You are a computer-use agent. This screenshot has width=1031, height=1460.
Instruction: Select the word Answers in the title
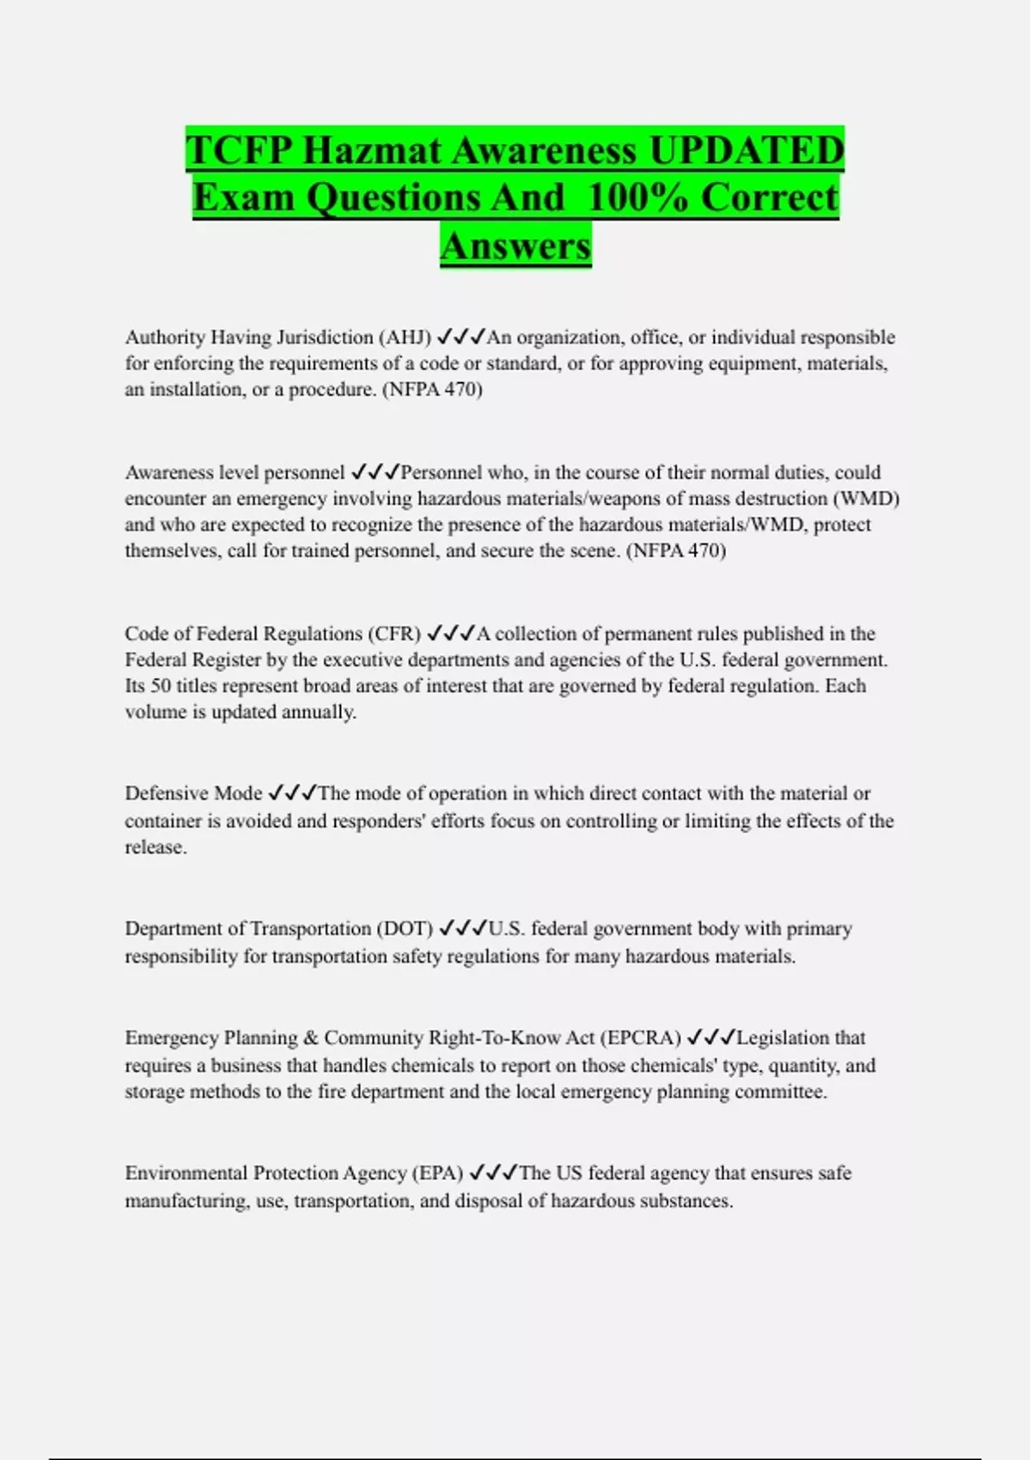click(515, 246)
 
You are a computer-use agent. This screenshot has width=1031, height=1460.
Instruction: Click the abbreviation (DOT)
click(404, 928)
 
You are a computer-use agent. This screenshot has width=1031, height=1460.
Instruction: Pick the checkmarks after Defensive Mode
click(292, 793)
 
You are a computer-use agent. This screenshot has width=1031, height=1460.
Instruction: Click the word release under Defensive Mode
click(155, 847)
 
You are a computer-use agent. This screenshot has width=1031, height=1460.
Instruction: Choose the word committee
click(784, 1092)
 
